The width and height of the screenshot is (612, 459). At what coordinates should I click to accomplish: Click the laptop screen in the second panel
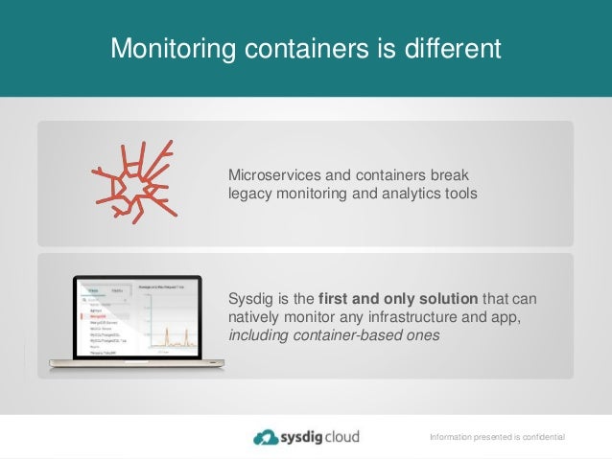(x=135, y=319)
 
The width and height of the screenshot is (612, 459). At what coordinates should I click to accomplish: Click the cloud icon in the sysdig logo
(x=266, y=437)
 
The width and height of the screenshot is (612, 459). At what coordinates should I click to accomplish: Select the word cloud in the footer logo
(x=342, y=437)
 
